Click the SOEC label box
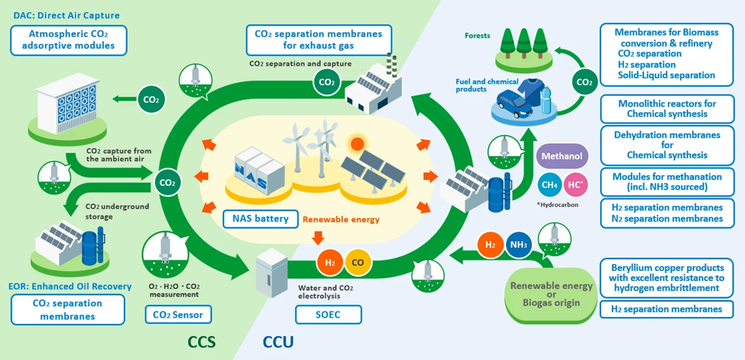tap(328, 315)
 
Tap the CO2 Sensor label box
tap(178, 315)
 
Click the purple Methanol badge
tap(563, 156)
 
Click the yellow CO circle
tap(357, 262)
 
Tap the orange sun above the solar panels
tap(358, 143)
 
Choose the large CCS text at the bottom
tap(202, 342)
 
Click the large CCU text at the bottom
tap(278, 342)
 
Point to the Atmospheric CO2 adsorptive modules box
tap(69, 40)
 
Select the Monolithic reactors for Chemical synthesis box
tap(667, 109)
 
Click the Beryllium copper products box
tap(667, 277)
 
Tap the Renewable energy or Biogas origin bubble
tap(551, 294)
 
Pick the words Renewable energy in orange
tap(341, 220)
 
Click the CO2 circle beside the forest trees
tap(585, 82)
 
